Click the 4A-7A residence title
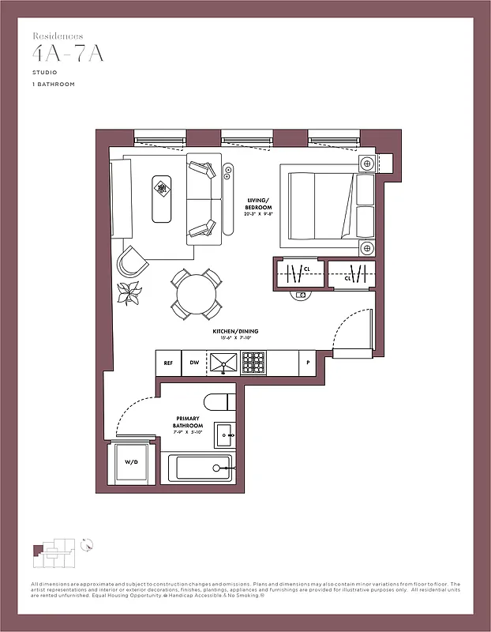tap(69, 54)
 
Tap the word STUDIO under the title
tap(44, 72)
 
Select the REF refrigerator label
tap(168, 363)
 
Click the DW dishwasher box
tap(194, 363)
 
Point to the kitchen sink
tap(223, 363)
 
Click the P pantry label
tap(309, 363)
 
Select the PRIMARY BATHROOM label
tap(189, 422)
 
